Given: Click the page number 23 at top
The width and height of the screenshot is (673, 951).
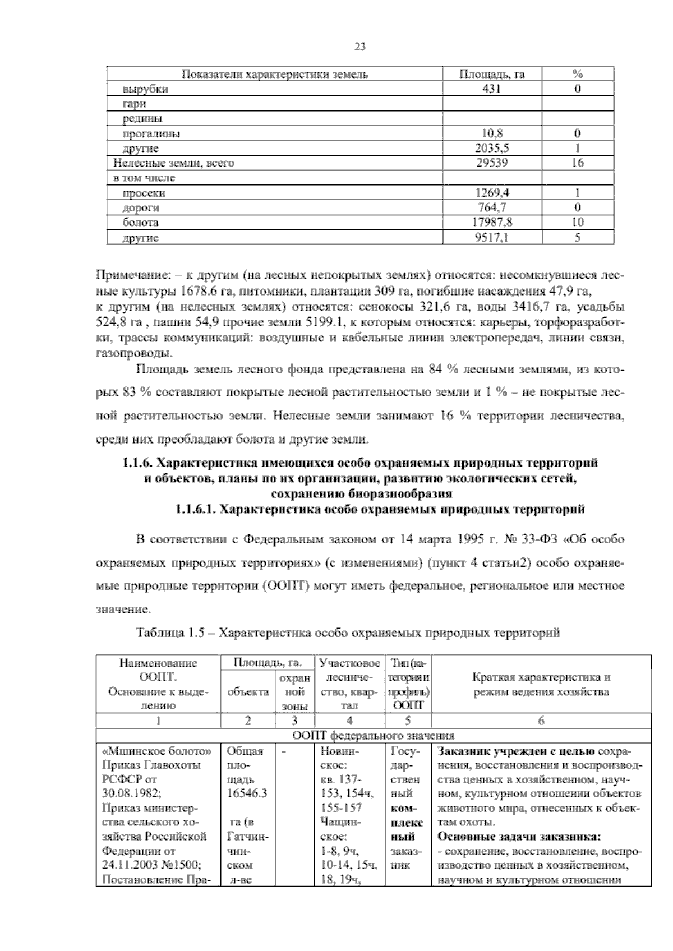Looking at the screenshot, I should pyautogui.click(x=360, y=47).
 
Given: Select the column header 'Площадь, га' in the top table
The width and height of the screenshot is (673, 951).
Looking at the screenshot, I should pyautogui.click(x=492, y=74).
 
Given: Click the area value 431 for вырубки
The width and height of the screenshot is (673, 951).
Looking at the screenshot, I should pyautogui.click(x=492, y=89).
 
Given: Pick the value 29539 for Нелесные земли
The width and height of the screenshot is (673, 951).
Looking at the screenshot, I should pyautogui.click(x=492, y=163).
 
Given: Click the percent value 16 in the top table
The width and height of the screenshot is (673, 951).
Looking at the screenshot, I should pyautogui.click(x=577, y=163).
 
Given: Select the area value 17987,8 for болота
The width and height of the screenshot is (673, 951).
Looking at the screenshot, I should pyautogui.click(x=492, y=223).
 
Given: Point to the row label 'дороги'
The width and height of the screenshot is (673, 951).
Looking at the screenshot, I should pyautogui.click(x=141, y=208).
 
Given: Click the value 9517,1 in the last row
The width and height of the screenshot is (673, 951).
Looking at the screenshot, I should pyautogui.click(x=492, y=238).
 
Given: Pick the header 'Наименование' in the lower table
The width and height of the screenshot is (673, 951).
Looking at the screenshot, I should pyautogui.click(x=158, y=663).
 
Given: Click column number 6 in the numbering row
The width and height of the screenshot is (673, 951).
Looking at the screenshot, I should pyautogui.click(x=541, y=721).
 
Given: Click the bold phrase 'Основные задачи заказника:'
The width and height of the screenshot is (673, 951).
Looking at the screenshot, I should pyautogui.click(x=519, y=837).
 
